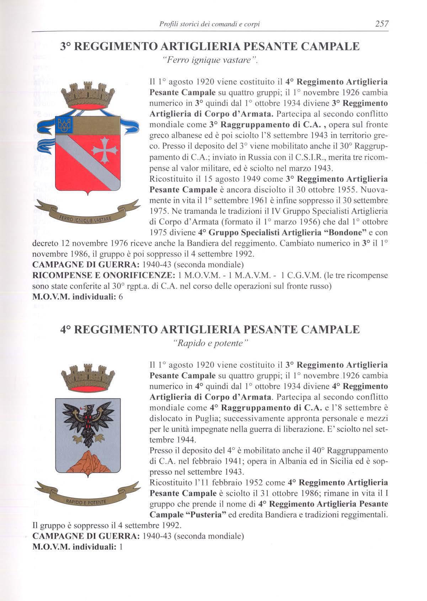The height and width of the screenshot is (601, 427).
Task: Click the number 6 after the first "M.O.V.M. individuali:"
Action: (121, 297)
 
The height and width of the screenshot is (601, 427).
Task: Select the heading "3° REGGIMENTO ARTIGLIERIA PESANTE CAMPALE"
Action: (209, 47)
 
